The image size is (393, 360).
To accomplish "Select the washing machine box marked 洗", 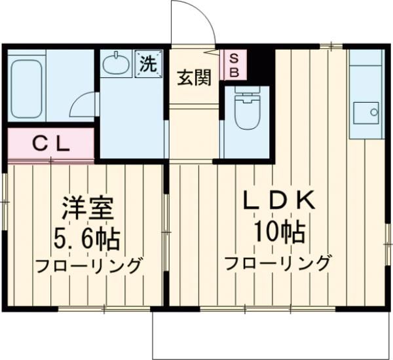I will (149, 64).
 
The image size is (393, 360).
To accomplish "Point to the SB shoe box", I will (233, 65).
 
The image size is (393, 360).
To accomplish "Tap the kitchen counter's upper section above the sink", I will (364, 73).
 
